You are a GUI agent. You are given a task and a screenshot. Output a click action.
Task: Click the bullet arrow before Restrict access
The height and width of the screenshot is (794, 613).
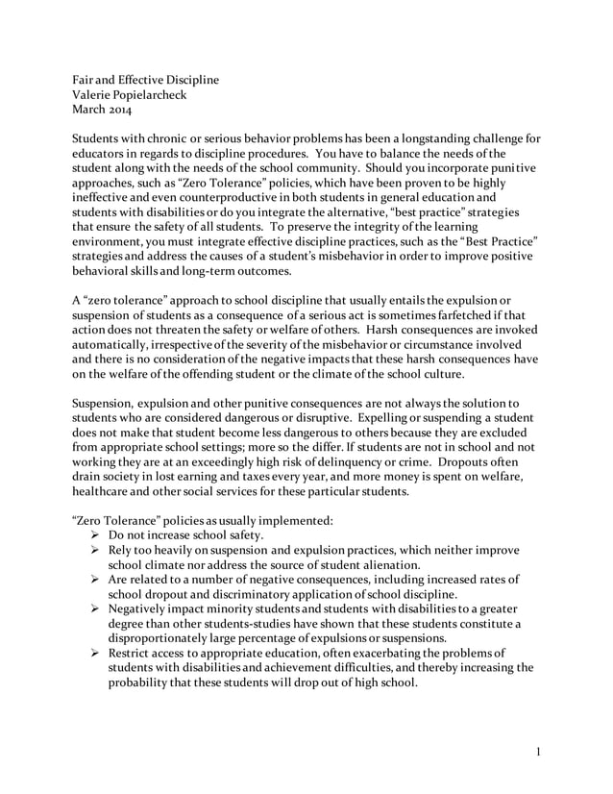(x=95, y=655)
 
